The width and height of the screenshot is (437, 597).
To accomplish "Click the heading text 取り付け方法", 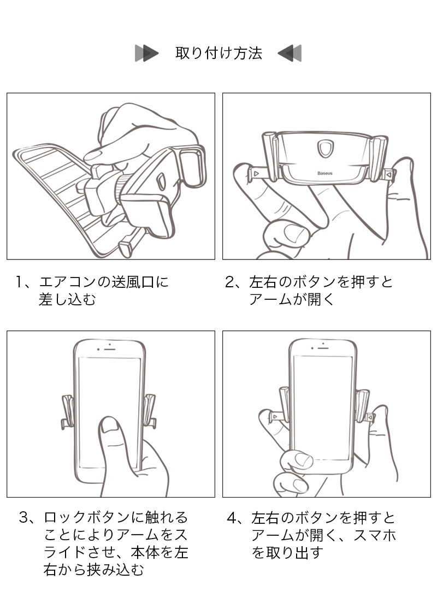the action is tap(219, 53).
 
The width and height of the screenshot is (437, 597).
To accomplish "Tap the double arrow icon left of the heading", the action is tap(146, 53).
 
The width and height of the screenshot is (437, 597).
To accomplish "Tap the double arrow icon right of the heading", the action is tap(290, 53).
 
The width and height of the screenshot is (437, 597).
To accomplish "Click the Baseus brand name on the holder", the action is tap(324, 173).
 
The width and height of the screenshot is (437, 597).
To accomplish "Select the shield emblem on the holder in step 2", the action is tap(326, 149).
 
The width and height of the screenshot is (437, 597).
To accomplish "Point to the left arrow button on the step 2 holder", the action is tap(257, 174).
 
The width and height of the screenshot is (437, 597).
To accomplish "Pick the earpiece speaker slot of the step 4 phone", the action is tap(323, 347).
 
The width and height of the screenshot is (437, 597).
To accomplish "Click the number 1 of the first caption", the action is tap(19, 282).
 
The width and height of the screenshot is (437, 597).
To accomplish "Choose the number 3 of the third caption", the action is tap(24, 517).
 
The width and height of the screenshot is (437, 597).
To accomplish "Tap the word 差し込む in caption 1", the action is tap(67, 300).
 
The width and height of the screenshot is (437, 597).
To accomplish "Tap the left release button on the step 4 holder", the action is tap(275, 417).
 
